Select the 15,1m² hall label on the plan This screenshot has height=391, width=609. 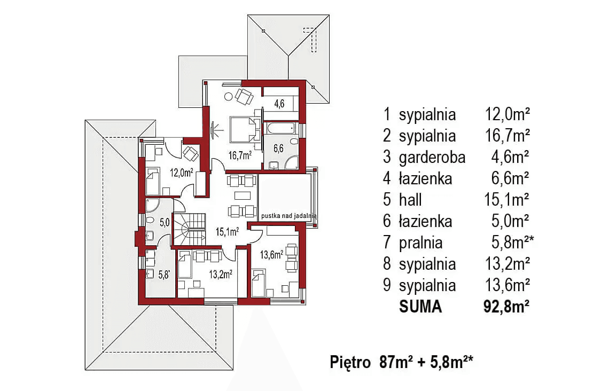(x=227, y=232)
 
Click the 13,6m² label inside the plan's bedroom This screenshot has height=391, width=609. (x=270, y=255)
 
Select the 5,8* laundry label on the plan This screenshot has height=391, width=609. (x=164, y=275)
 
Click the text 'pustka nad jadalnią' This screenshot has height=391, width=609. (x=288, y=216)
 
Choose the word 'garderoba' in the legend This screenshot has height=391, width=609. (x=432, y=157)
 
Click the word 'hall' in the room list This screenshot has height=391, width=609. (x=410, y=200)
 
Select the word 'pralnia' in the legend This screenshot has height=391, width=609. (x=420, y=243)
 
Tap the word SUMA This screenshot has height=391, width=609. (x=420, y=307)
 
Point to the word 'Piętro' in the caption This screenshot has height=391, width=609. (x=350, y=363)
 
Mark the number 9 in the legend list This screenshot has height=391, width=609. (x=387, y=285)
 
